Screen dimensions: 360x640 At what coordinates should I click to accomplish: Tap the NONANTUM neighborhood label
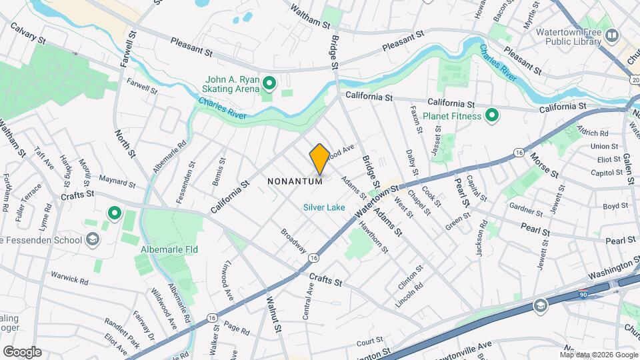point(295,181)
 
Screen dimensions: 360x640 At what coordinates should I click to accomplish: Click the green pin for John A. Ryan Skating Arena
point(269,84)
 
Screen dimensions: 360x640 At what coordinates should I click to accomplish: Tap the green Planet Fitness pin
point(492,116)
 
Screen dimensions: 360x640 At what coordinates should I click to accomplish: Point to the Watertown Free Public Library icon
point(611,35)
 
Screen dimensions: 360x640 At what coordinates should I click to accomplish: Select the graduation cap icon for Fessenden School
point(93,240)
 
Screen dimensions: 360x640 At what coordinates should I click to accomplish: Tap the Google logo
point(21,351)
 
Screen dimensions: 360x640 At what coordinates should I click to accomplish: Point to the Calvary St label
point(27,33)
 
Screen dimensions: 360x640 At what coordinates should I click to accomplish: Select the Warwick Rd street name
point(69,277)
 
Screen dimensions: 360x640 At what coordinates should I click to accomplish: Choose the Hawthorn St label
point(374,238)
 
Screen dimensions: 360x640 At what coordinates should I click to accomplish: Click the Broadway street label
point(293,241)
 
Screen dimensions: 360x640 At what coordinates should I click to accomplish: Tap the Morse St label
point(544,165)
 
